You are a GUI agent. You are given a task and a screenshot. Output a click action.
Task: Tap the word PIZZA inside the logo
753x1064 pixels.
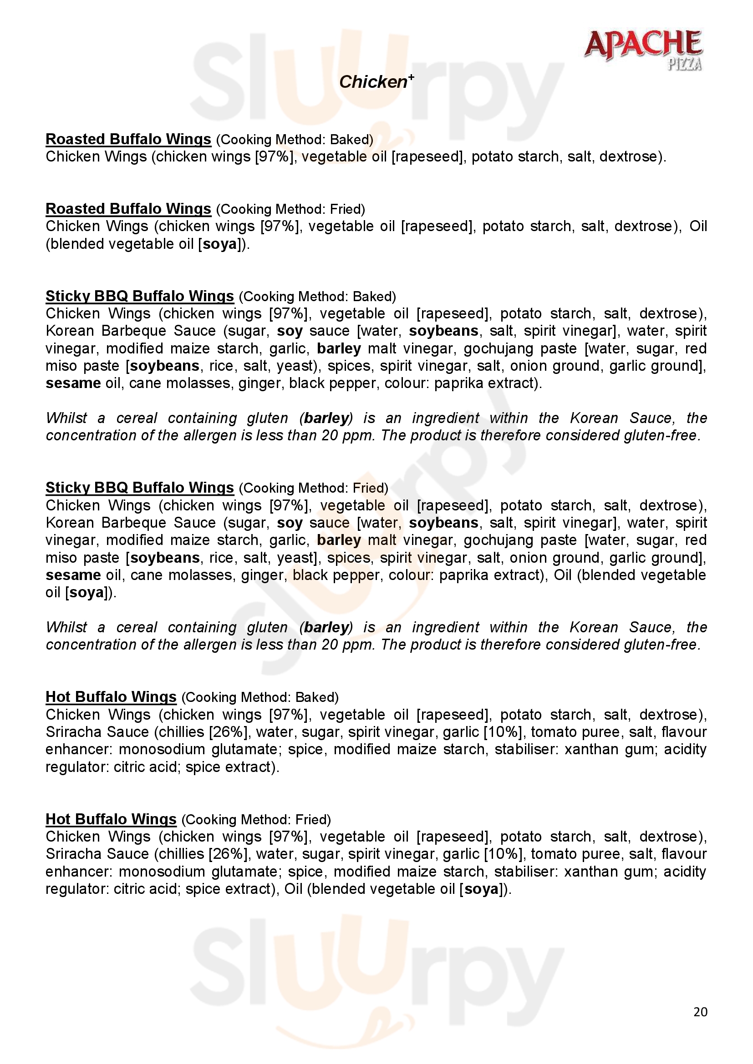click(684, 65)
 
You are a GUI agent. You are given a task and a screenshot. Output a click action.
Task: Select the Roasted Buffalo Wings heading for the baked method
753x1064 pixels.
click(128, 139)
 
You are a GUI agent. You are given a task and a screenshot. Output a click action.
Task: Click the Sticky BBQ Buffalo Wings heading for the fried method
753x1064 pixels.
click(140, 488)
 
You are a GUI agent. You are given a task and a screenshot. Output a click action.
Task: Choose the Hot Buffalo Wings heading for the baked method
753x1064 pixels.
click(111, 697)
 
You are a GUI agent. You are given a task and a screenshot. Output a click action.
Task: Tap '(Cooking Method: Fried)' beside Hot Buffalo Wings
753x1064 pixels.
click(256, 820)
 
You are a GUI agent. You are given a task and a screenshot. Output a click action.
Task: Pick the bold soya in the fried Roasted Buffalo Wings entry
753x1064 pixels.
click(220, 244)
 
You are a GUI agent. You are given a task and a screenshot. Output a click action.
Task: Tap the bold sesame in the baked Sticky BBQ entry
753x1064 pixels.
click(73, 383)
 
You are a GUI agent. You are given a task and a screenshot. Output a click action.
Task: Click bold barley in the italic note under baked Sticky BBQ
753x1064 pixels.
click(326, 418)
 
